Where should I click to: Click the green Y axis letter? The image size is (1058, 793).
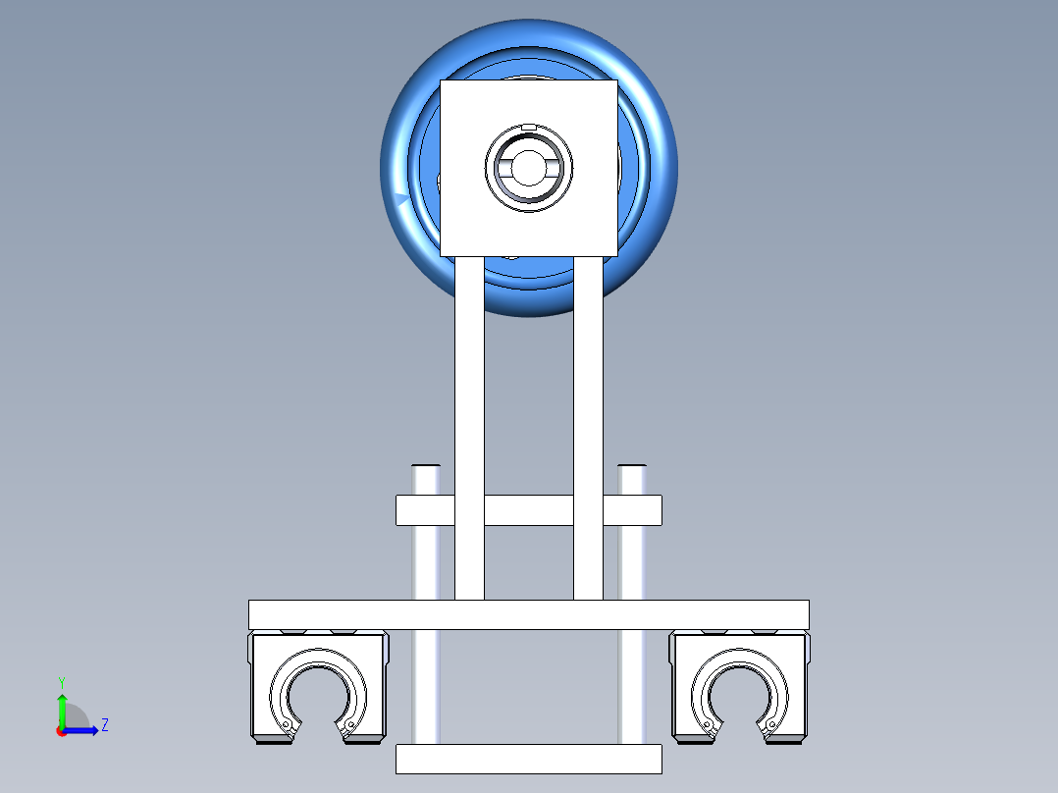click(x=62, y=682)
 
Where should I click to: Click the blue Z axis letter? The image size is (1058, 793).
click(x=105, y=725)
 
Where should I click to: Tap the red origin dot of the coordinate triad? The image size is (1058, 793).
click(x=62, y=731)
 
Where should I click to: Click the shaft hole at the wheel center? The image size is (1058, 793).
click(x=529, y=168)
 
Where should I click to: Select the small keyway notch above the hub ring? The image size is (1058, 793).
click(x=529, y=127)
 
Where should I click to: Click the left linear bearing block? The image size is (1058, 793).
click(x=318, y=687)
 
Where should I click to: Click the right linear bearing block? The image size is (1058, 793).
click(x=740, y=687)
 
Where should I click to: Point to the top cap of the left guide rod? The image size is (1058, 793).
click(x=426, y=466)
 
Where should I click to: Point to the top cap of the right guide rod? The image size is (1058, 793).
click(x=632, y=466)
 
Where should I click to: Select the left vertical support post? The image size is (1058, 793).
click(x=469, y=428)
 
